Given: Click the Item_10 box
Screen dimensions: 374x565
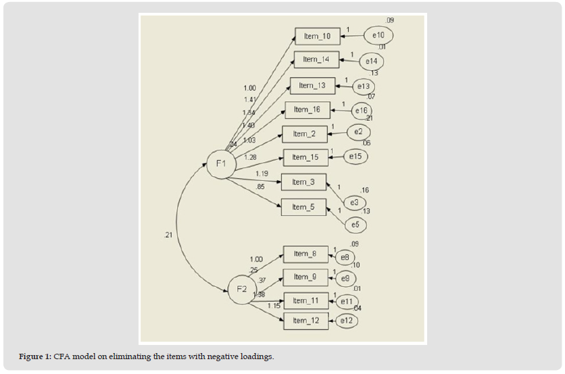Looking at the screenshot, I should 317,36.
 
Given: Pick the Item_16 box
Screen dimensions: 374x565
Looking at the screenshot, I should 307,110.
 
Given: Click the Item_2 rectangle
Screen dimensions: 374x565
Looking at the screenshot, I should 304,134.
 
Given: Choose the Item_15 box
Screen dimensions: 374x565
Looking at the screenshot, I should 305,157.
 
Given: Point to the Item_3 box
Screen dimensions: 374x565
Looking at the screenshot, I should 303,182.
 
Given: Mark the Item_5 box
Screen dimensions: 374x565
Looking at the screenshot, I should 303,207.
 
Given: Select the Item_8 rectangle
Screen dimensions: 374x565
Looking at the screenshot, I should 305,255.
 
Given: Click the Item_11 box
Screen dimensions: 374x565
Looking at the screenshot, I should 305,301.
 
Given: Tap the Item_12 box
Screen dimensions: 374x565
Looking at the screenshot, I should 305,321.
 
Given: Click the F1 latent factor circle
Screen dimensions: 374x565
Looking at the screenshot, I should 221,164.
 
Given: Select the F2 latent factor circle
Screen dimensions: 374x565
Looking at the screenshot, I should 241,290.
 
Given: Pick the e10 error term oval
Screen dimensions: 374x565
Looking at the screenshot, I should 378,36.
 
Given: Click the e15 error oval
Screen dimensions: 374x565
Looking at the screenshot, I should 357,157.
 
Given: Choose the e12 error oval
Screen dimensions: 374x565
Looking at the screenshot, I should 345,321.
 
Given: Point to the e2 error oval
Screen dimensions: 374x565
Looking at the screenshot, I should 359,132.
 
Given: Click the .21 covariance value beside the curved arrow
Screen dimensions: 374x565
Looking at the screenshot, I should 168,235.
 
